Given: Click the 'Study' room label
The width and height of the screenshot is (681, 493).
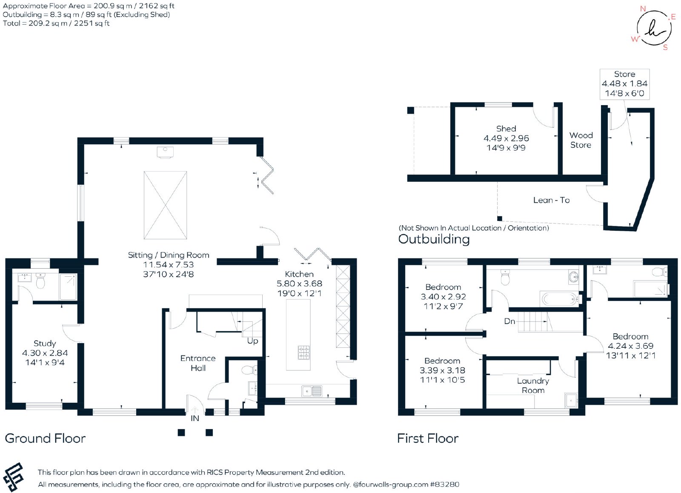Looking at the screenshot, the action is click(45, 344).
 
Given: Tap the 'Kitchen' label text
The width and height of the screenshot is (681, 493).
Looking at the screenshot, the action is click(299, 274).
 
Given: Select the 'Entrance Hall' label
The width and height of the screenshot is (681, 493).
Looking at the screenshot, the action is click(198, 363).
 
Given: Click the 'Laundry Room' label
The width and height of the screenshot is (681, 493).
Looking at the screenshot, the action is click(533, 385).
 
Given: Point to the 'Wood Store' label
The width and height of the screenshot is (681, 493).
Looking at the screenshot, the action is click(581, 140).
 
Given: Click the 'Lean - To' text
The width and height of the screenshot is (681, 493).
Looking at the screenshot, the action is click(552, 200).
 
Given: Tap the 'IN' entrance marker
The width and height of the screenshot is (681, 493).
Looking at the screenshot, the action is click(195, 418).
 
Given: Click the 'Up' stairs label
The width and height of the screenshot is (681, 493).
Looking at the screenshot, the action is click(252, 341).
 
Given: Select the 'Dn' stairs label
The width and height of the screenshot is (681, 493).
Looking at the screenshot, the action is click(509, 321).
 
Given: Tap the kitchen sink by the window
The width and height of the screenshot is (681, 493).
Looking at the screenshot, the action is click(312, 391).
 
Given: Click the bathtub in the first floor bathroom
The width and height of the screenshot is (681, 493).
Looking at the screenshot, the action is click(559, 299).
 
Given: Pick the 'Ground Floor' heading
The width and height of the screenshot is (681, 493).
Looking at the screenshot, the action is click(45, 438).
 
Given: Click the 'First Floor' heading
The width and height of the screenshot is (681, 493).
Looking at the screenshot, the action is click(428, 438).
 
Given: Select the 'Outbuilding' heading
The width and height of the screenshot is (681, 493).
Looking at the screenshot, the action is click(434, 239).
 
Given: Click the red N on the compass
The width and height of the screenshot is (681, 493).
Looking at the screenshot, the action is click(643, 9).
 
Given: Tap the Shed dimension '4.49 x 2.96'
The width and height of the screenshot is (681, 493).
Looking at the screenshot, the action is click(506, 138).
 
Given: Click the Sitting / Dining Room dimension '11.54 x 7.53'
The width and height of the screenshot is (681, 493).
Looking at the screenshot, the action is click(168, 265).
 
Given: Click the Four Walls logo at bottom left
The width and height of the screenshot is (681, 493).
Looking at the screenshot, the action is click(13, 476).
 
